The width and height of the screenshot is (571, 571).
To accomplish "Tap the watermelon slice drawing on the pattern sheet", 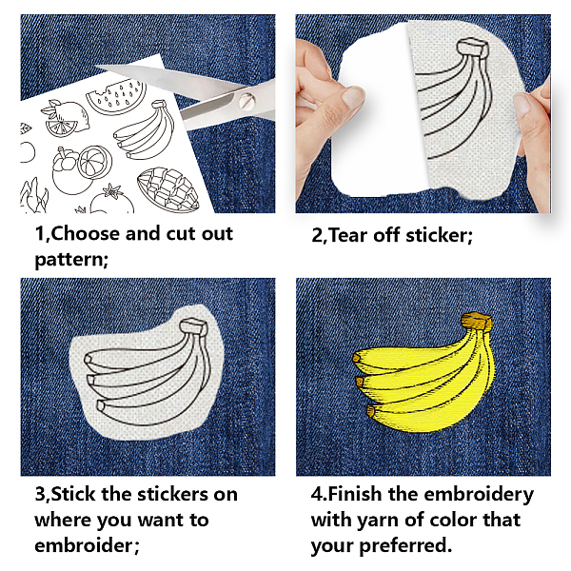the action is click(114, 96).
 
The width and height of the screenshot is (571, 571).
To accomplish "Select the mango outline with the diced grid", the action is click(168, 189).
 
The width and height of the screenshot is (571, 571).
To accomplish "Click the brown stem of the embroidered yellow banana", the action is click(477, 321).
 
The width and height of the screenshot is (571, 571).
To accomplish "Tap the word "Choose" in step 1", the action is click(86, 233).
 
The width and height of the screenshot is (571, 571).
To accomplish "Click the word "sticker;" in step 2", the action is click(439, 235).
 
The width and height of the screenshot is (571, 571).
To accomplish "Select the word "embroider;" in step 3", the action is click(87, 545).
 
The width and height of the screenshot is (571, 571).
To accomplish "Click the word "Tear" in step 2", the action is click(349, 235).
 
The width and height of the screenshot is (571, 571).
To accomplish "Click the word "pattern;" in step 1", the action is click(71, 260).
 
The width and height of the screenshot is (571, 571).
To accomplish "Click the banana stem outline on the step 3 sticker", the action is click(193, 325).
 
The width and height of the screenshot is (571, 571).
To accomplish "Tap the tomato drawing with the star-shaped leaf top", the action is click(112, 201).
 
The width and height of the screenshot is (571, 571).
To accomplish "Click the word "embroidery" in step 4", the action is click(479, 495).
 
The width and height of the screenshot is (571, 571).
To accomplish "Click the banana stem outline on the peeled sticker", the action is click(472, 47).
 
